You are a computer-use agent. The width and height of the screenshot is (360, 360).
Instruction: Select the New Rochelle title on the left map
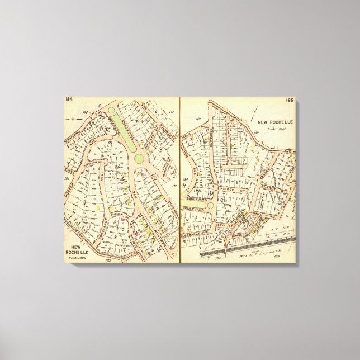(x=82, y=248)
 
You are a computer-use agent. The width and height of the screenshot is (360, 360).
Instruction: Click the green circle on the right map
(x=209, y=205)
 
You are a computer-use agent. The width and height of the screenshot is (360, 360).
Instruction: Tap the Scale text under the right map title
(x=272, y=128)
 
